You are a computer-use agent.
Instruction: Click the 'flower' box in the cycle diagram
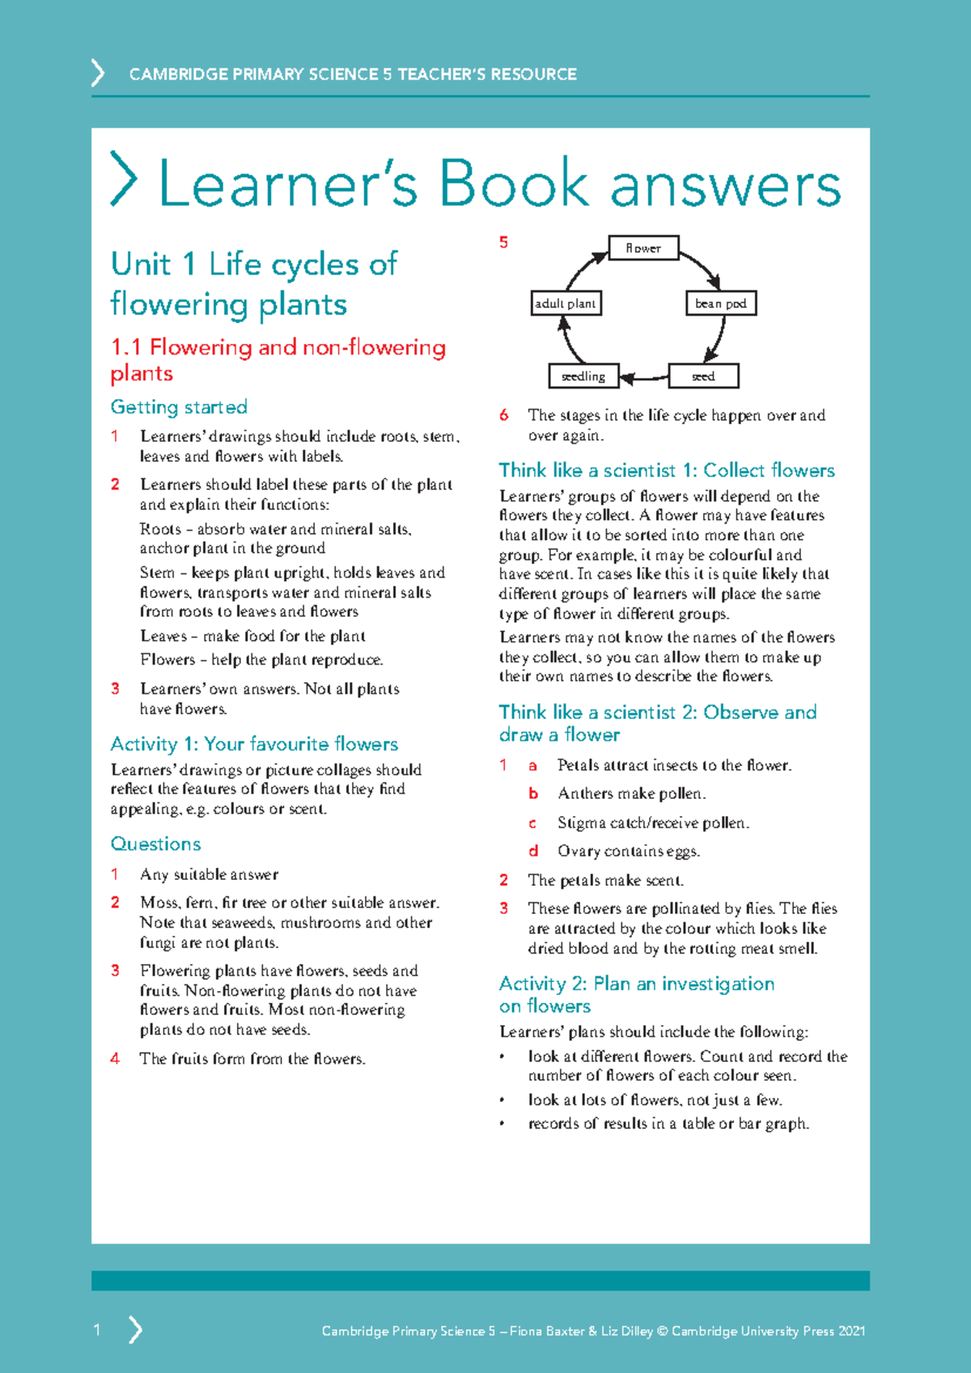[643, 249]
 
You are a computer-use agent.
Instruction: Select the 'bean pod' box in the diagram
[720, 304]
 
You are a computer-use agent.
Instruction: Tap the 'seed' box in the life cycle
[703, 376]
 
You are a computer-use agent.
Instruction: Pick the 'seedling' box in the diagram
[583, 376]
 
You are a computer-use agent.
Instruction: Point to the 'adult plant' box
[566, 304]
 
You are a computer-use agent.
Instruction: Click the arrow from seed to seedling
[643, 377]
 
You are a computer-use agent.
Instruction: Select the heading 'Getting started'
[179, 407]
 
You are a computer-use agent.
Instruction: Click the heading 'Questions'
[155, 844]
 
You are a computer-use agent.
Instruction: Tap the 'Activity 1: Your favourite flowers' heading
[254, 744]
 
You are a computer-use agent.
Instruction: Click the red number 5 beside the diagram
[503, 243]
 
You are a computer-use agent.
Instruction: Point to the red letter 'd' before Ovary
[533, 851]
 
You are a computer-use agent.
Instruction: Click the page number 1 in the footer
[97, 1329]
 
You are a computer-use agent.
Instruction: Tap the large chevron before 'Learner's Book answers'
[123, 179]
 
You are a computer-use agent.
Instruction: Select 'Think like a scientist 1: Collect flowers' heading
[666, 470]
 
